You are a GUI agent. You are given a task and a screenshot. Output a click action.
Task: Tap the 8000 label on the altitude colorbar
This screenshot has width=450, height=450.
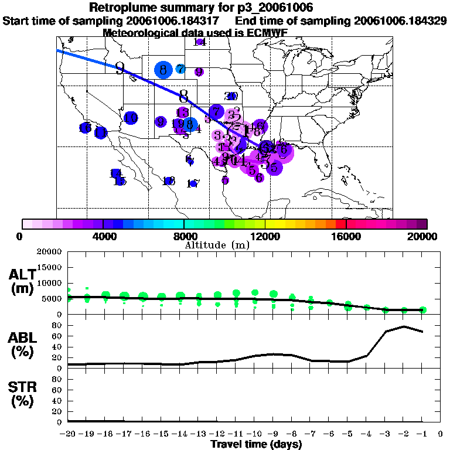(183, 236)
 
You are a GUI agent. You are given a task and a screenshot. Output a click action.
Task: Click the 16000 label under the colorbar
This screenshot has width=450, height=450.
(346, 236)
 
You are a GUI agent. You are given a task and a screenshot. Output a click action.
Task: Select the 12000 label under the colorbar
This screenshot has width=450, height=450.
(265, 236)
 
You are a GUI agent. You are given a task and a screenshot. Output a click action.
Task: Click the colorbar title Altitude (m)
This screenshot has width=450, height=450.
(217, 244)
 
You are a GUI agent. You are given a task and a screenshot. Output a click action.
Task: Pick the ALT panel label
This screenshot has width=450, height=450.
(22, 281)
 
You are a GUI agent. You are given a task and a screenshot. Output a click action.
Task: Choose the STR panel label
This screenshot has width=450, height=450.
(22, 394)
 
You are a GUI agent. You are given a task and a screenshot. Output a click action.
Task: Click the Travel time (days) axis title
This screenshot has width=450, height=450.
(256, 444)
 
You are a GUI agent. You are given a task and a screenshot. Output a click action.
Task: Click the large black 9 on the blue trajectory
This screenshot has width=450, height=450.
(120, 69)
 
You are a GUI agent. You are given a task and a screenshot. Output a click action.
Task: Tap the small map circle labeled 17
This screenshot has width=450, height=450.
(193, 184)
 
